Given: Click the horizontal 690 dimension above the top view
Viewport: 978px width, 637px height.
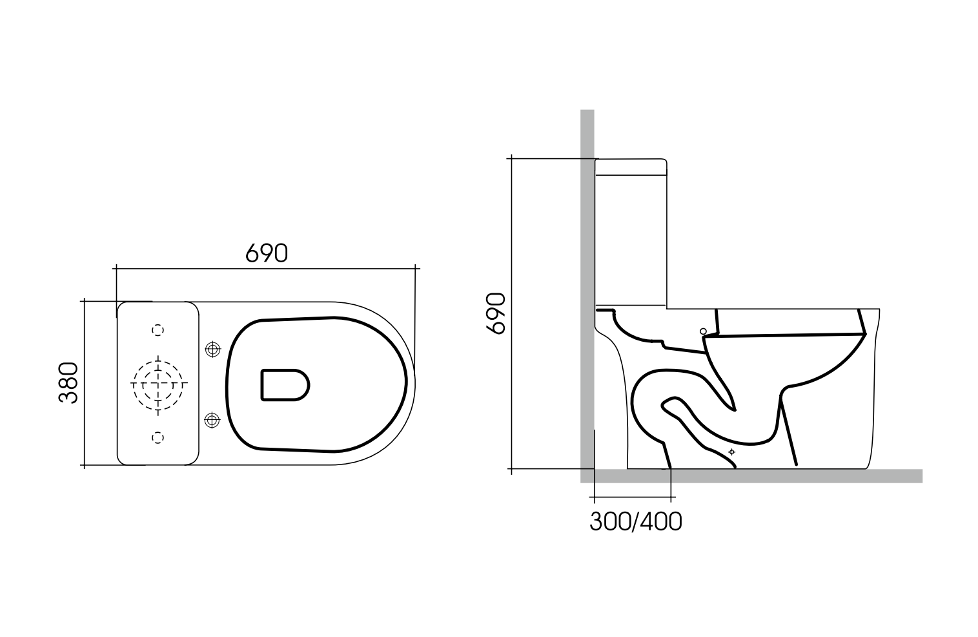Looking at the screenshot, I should coord(266,253).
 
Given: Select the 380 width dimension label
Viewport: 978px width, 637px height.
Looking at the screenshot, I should coord(68,382).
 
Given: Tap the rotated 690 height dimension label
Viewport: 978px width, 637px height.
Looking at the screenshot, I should coord(495,313).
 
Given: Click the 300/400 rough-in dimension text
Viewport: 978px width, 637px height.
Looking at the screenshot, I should coord(635,521).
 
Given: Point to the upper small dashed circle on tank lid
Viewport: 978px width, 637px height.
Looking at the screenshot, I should coord(158,329).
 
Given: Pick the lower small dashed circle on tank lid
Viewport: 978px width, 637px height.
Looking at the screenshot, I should coord(158,437).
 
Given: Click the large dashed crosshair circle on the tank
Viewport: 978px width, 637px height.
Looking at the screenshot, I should coord(158,383).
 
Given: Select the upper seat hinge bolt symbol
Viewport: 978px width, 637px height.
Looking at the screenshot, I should coord(211,349).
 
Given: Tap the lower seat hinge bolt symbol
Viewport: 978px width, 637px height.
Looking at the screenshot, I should coord(211,421).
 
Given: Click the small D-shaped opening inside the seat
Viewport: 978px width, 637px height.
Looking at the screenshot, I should coord(284,385).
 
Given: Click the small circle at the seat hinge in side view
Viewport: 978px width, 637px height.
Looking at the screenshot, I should coord(704,331).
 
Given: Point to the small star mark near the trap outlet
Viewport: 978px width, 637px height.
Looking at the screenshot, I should coord(731,452).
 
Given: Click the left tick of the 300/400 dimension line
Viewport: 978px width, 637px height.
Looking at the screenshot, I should coord(594,498).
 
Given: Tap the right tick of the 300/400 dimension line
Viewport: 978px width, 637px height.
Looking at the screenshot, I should coord(671,498).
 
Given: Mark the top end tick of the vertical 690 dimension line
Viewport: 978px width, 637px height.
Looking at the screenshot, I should coord(511,158).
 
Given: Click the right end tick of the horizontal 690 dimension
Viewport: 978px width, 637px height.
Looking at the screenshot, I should coord(416,267).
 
